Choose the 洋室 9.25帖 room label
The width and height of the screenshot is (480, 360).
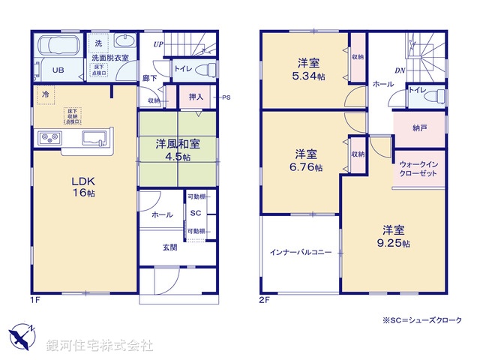[394, 236]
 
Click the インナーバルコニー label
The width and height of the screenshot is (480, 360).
[300, 253]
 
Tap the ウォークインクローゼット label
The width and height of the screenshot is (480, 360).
[419, 167]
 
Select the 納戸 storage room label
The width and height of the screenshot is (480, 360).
[419, 128]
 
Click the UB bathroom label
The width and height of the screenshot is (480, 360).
[58, 71]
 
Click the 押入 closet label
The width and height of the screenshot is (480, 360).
[196, 97]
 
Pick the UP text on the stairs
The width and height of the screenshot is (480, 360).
[158, 44]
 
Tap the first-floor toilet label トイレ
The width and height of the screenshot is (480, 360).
[182, 70]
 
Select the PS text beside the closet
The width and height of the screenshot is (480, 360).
[226, 97]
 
